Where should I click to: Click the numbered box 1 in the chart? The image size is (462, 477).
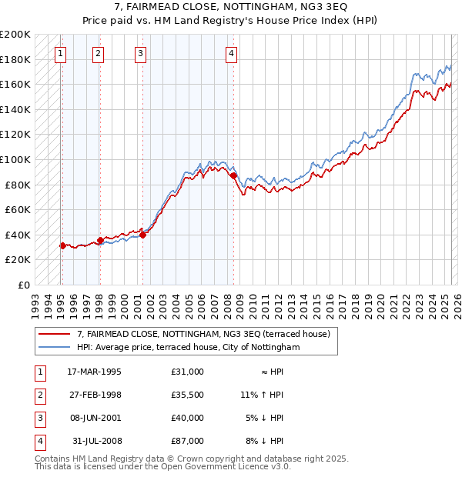61,53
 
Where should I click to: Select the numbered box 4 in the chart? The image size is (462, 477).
231,53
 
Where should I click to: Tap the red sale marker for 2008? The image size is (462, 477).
233,176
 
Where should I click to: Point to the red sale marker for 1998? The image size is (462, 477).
100,240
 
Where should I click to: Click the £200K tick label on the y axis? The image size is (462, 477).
15,35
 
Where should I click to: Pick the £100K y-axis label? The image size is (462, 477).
15,160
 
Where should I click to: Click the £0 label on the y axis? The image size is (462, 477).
24,285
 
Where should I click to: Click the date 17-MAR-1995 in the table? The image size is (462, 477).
94,372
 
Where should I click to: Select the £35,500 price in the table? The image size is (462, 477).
188,395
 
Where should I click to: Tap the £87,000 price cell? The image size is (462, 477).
188,441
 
